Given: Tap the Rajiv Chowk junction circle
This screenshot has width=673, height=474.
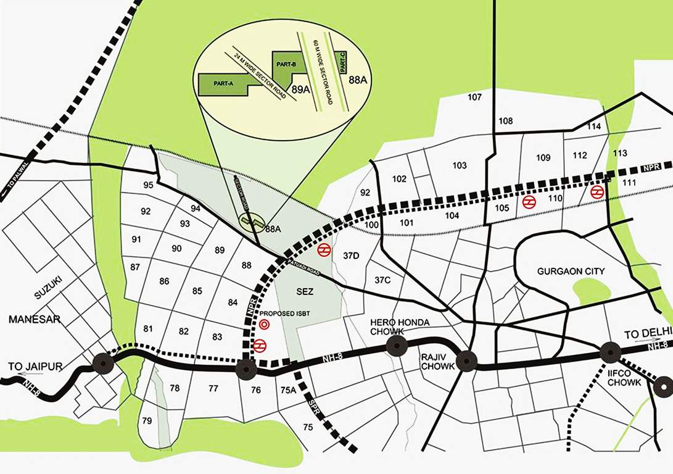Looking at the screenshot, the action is [467, 362].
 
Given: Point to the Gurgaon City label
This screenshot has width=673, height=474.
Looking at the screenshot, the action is [571, 272].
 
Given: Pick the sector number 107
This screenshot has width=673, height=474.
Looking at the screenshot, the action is [474, 98].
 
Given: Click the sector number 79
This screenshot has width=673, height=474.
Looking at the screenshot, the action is [147, 421].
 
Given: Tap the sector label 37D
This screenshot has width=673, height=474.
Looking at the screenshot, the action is [351, 256].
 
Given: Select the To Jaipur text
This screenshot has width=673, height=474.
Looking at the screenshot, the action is [36, 367].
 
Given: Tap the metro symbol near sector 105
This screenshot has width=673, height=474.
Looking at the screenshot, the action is [529, 202].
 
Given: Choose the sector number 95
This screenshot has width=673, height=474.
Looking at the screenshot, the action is [148, 185].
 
